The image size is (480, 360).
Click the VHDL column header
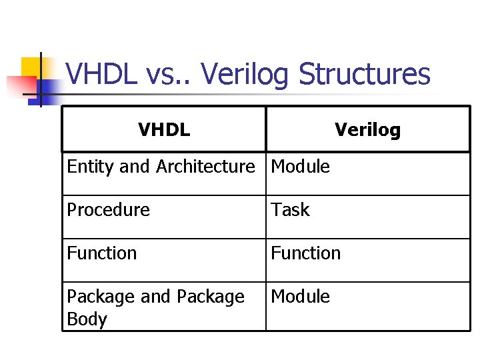pos(164,129)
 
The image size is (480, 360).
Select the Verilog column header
pos(367,129)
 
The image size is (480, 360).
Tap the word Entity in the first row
pos(91,167)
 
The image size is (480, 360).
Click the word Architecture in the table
pos(205,167)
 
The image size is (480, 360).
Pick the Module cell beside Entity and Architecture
pos(300,167)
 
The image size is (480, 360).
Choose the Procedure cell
pos(108,210)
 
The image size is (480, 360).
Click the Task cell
pos(290,210)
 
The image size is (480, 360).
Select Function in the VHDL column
pos(101,253)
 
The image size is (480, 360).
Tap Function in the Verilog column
pos(305,253)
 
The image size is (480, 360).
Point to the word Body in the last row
pos(87,319)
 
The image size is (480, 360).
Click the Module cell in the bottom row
pos(300,297)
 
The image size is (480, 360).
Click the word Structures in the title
pos(365,75)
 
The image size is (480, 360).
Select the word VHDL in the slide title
pos(101,75)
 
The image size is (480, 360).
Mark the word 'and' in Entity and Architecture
pos(135,167)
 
